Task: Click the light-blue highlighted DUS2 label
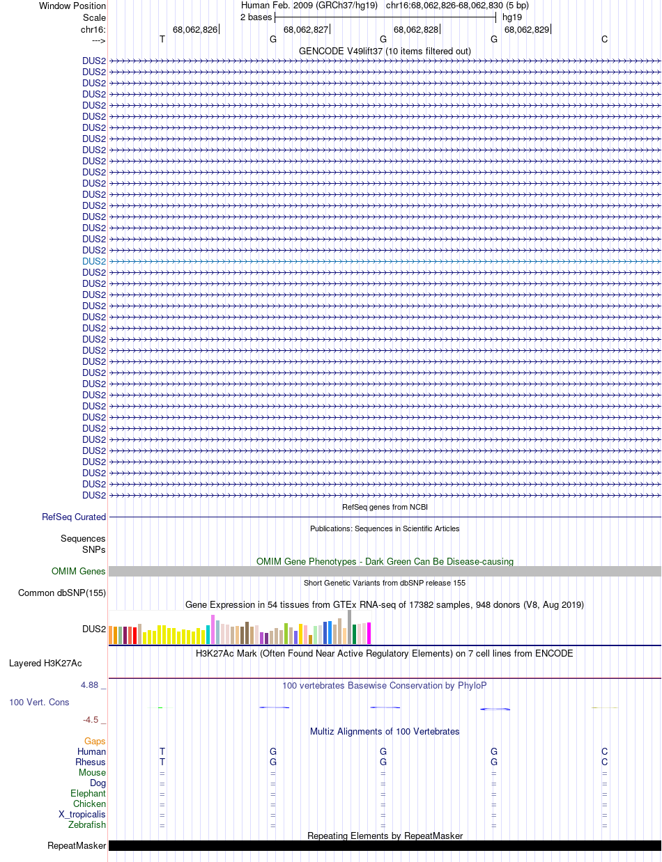[x=94, y=261]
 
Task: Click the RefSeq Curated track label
[x=74, y=517]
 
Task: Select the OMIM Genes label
[x=79, y=571]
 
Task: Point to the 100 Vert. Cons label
[x=39, y=702]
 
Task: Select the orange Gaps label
[x=95, y=741]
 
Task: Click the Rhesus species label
[x=91, y=762]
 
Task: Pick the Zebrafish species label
[x=87, y=824]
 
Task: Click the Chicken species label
[x=89, y=804]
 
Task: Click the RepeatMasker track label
[x=77, y=845]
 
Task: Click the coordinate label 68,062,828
[x=416, y=29]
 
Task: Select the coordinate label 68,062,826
[x=195, y=29]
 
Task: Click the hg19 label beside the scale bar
[x=512, y=17]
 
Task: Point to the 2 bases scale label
[x=256, y=17]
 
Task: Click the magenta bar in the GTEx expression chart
[x=369, y=633]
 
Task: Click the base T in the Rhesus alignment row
[x=162, y=762]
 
